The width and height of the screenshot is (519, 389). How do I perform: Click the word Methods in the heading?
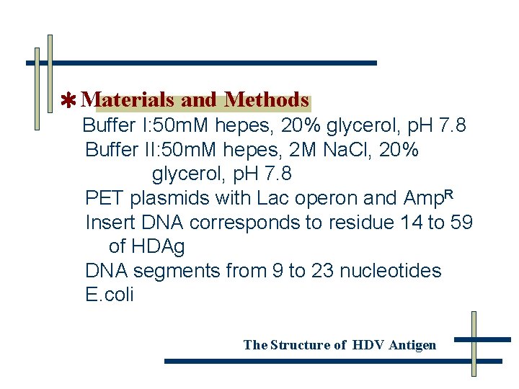click(x=267, y=100)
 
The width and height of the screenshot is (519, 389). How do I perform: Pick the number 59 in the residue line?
click(x=461, y=222)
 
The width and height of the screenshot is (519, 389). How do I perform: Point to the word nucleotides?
click(x=390, y=271)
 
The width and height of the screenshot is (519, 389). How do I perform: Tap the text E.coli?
click(x=109, y=295)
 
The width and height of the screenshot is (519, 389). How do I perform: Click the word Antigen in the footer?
click(x=412, y=345)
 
